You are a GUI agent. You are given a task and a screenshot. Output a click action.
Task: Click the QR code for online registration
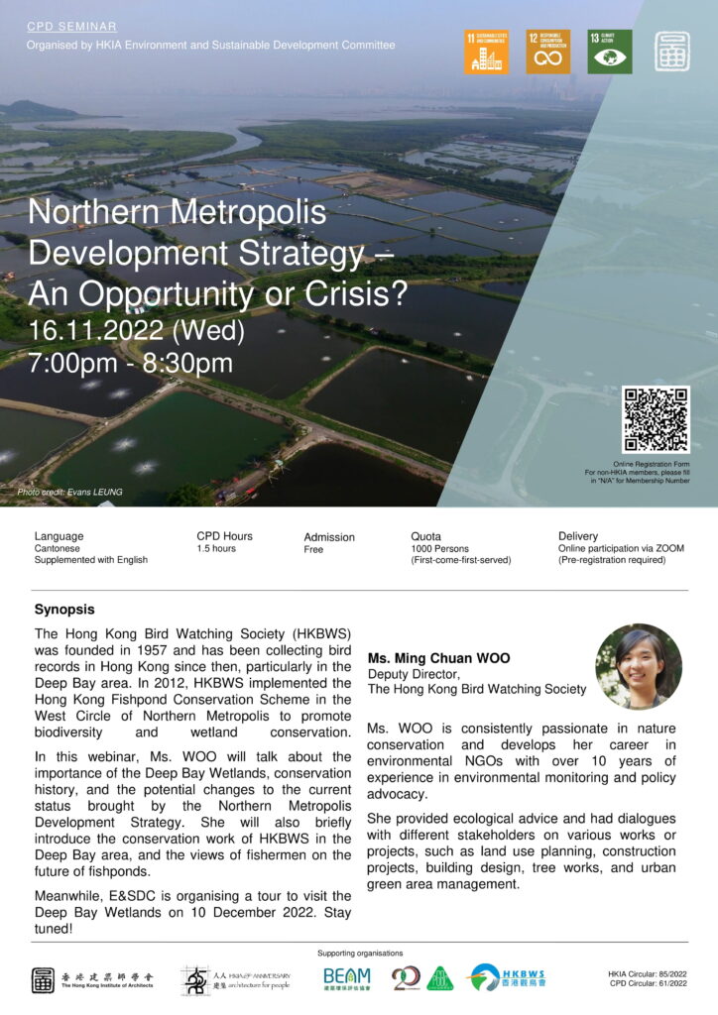(655, 420)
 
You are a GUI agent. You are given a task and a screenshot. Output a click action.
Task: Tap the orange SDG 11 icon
(486, 52)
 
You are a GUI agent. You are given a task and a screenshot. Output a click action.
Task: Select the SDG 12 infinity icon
(547, 52)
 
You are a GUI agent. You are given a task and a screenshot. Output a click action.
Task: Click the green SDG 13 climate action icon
(609, 52)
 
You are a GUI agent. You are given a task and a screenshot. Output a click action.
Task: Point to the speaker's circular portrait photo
(639, 666)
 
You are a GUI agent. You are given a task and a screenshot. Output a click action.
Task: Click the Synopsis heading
(64, 610)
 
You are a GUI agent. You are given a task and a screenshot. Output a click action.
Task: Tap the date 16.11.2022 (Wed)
(137, 328)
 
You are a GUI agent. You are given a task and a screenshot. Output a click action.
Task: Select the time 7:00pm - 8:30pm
(131, 363)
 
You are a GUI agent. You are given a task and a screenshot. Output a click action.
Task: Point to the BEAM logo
(347, 978)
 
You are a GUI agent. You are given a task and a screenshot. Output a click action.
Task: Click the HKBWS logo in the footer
(508, 978)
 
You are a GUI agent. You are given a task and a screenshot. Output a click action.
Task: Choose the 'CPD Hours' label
(224, 536)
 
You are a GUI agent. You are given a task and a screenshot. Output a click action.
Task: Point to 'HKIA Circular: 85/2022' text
(652, 974)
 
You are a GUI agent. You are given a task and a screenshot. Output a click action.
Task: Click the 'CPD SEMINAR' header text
(71, 27)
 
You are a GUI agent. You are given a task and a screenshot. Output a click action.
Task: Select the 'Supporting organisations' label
(360, 954)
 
